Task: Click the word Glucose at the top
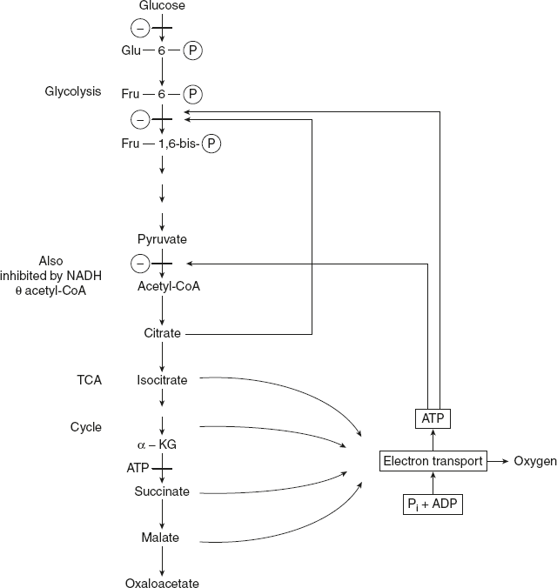162,6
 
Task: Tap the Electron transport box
432,461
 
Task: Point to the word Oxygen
535,461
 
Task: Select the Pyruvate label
162,239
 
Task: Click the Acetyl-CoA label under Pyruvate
168,286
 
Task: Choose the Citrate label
162,333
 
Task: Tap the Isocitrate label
162,379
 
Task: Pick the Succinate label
162,491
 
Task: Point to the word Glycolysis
73,91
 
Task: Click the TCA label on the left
90,379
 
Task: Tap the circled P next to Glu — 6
194,50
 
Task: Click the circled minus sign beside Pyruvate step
138,262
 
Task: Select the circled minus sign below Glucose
138,28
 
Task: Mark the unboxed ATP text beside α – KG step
138,468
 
